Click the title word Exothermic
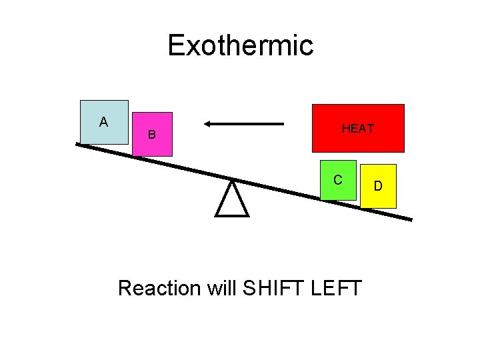coord(240,46)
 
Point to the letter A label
coord(103,122)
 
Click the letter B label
coord(152,135)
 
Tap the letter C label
coord(338,180)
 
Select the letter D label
coord(378,185)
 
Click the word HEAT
coord(358,129)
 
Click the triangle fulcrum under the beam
coord(232,202)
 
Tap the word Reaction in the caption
coord(159,289)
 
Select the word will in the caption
coord(222,289)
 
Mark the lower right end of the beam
coord(410,219)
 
